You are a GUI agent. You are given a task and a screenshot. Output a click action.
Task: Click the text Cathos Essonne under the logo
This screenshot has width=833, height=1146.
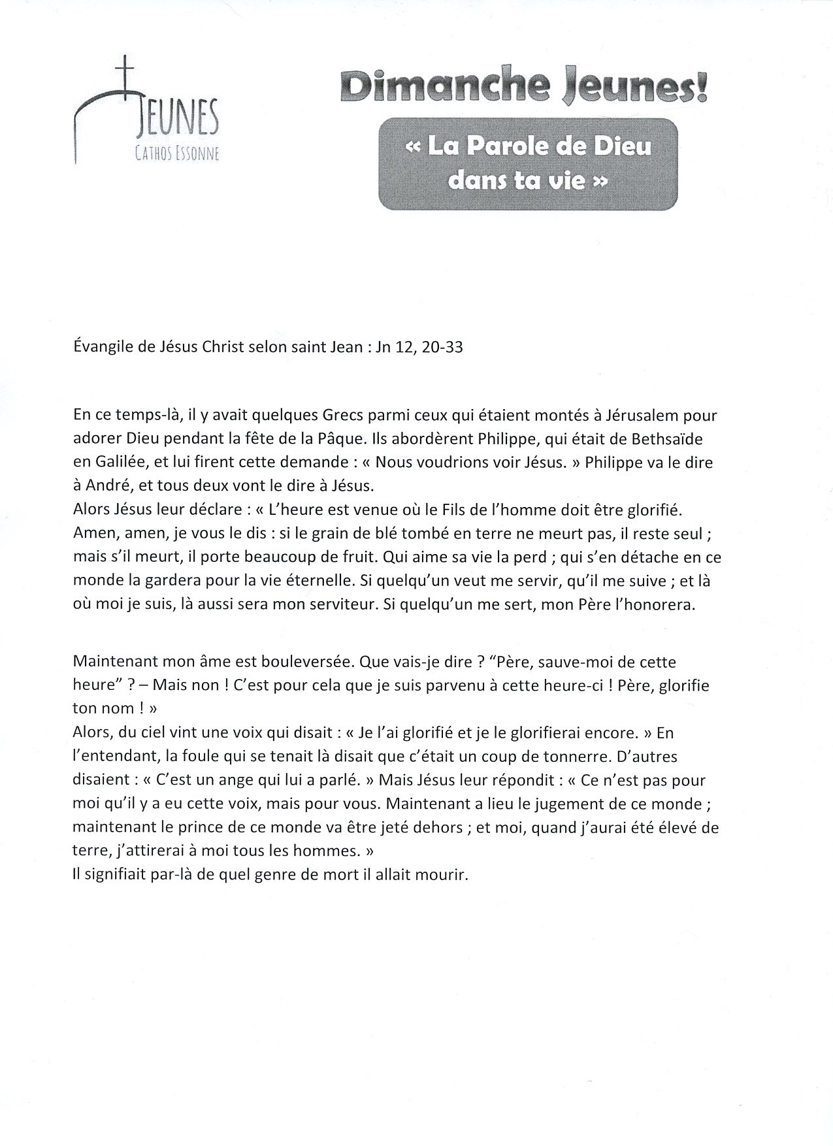(177, 154)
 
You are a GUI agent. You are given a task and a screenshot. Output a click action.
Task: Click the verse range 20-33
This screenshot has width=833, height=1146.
(443, 347)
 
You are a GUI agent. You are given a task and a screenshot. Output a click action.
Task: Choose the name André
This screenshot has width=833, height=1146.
(107, 486)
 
